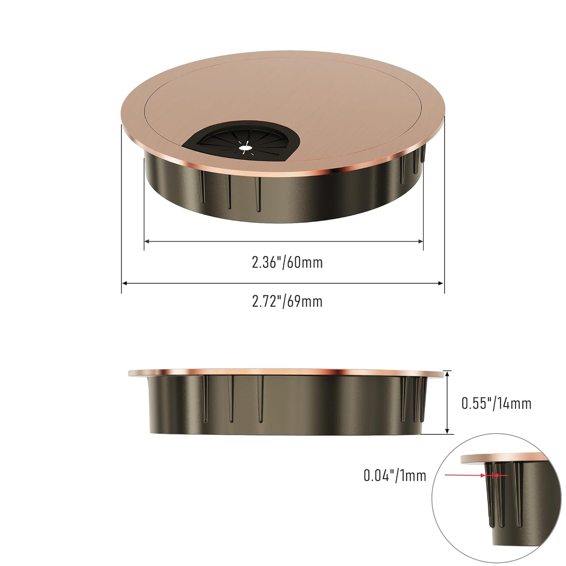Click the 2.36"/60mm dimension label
coord(287,262)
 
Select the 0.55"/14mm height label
coord(496,403)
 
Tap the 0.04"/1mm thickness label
coord(394,476)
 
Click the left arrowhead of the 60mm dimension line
coord(147,242)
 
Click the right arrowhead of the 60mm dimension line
coord(421,242)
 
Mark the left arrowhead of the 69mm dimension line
coord(124,283)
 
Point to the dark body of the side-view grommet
coord(286,407)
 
